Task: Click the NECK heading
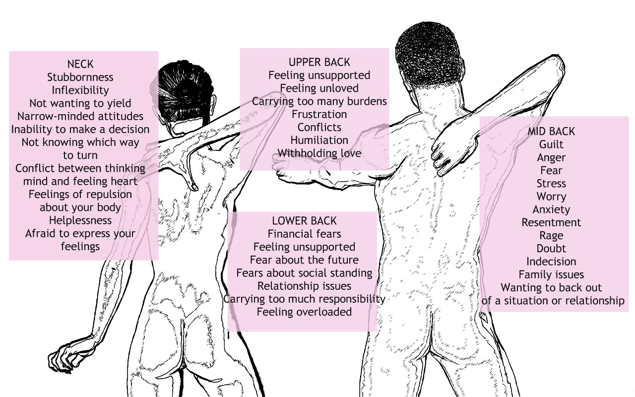pos(80,64)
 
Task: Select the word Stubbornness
pos(80,77)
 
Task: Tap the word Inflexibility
pos(80,90)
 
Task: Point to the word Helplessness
pos(80,220)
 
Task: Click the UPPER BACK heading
pos(319,62)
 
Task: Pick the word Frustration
pos(319,114)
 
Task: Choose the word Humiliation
pos(319,140)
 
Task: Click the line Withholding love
pos(319,153)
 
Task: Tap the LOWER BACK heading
pos(304,221)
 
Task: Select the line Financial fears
pos(304,234)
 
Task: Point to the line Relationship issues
pos(304,286)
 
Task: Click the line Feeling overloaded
pos(304,312)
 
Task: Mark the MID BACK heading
pos(551,132)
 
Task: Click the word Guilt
pos(551,145)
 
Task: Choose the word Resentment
pos(551,223)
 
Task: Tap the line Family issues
pos(551,275)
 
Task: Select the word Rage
pos(551,236)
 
